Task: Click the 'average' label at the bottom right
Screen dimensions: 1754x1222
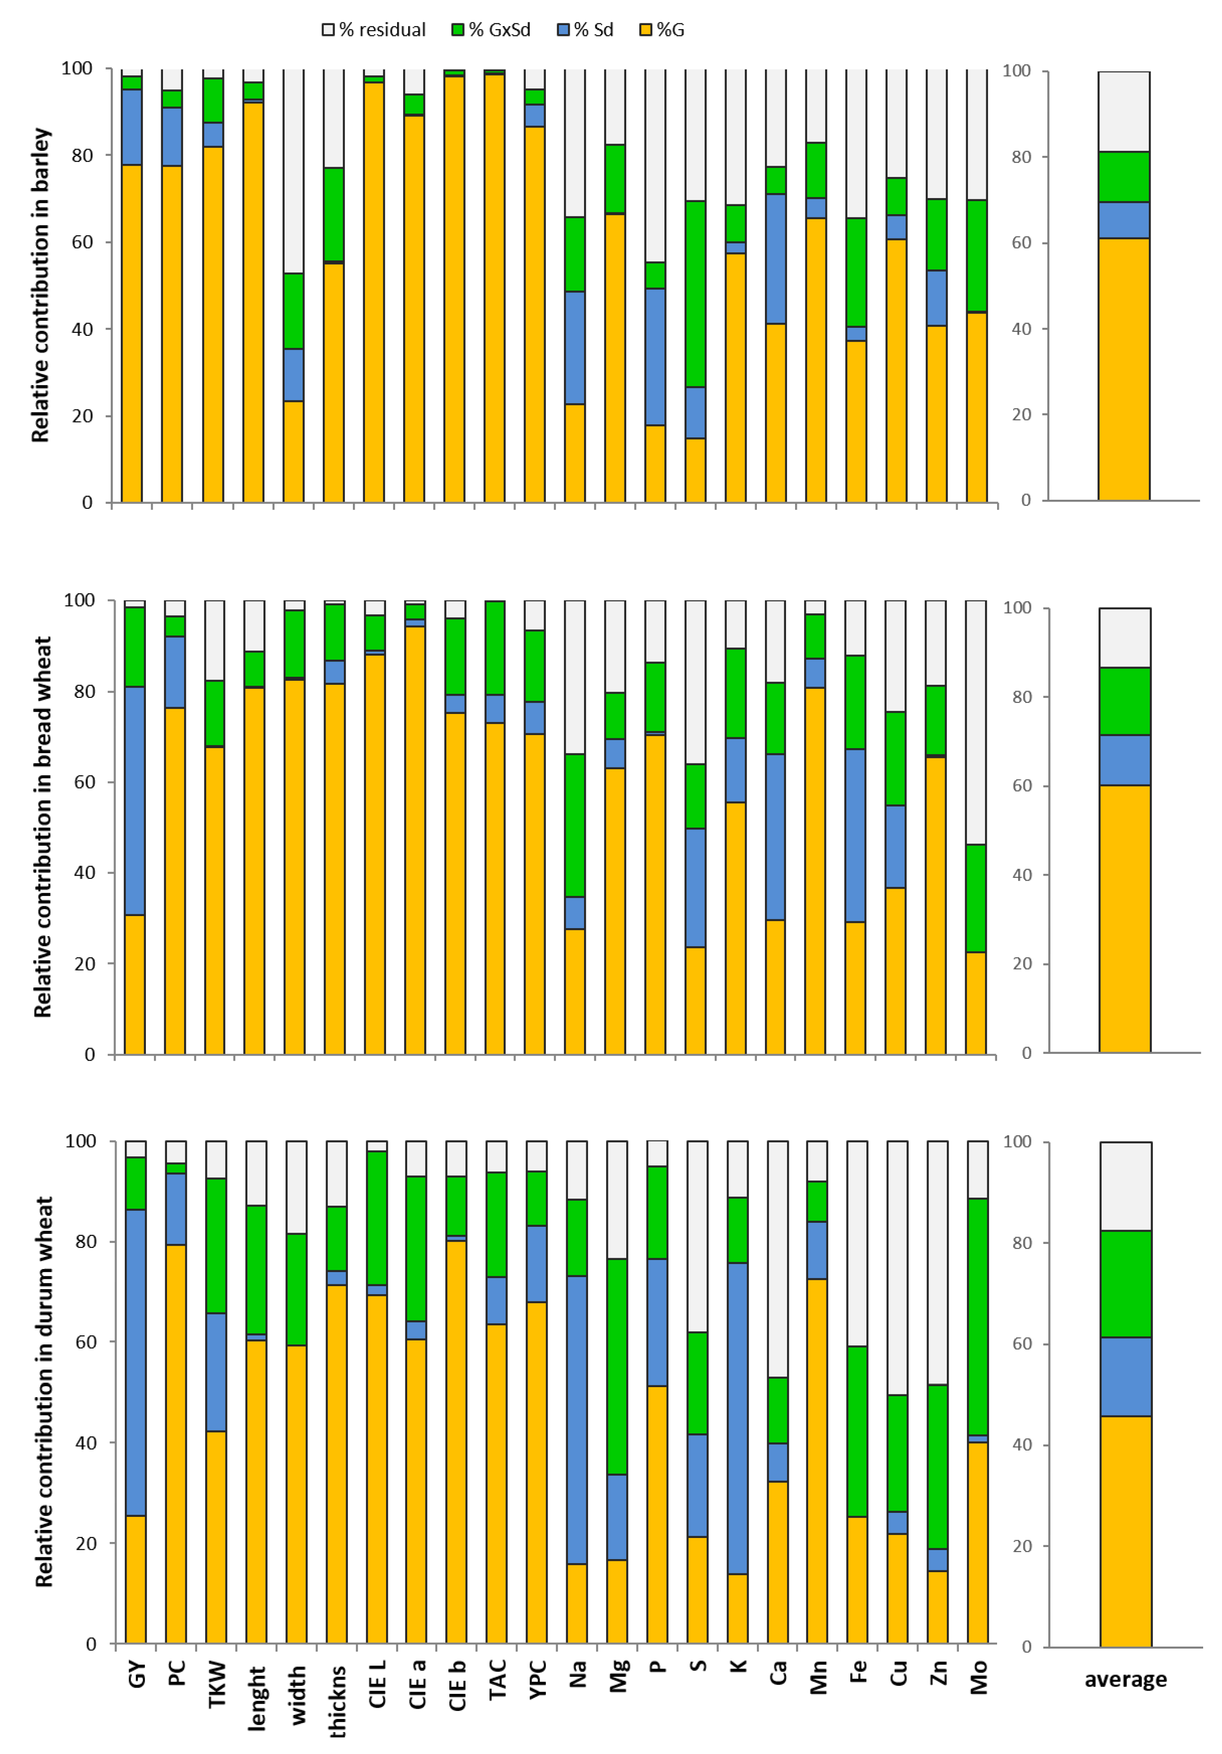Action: point(1125,1679)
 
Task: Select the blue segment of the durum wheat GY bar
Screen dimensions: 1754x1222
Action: point(135,1362)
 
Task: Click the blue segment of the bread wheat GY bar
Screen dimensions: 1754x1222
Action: point(134,800)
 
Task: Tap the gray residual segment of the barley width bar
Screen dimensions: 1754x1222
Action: point(293,170)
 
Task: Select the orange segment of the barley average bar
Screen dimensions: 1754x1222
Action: point(1124,369)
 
